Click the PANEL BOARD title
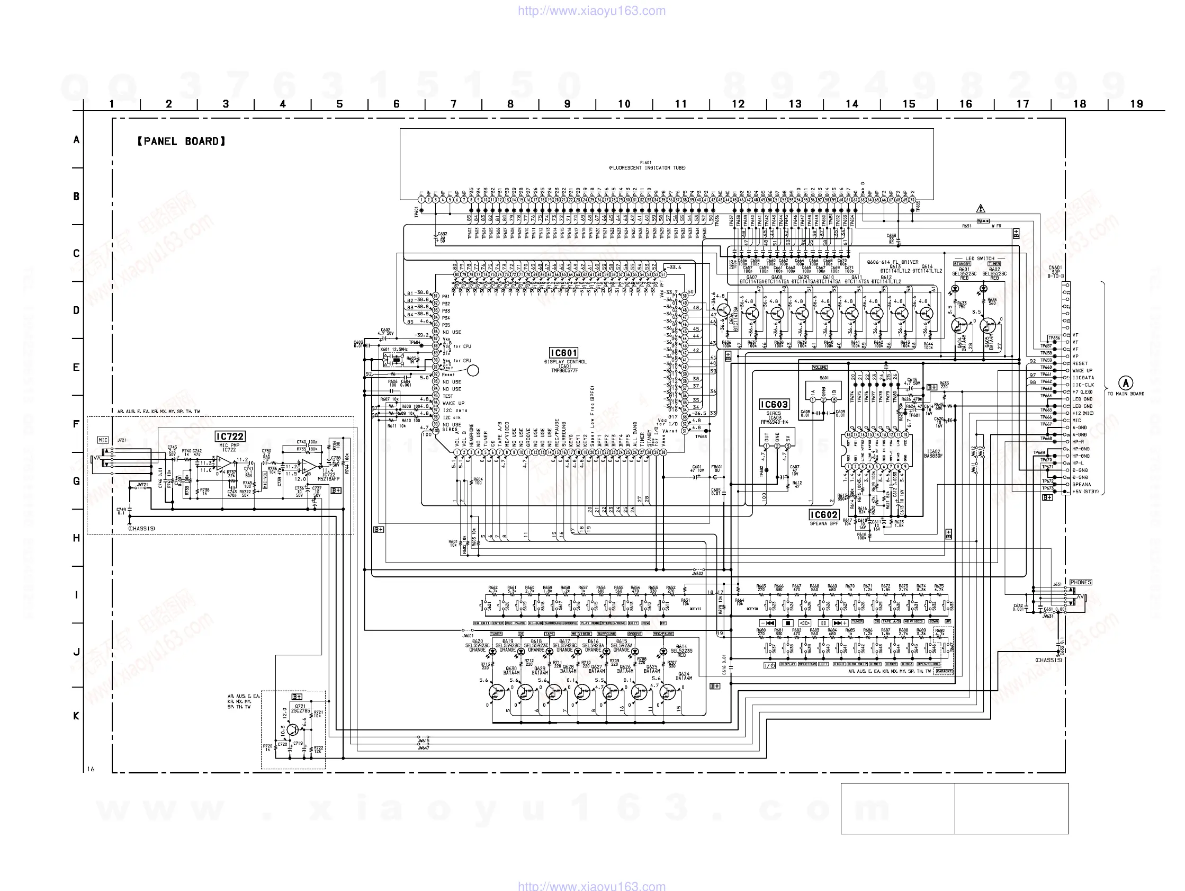pyautogui.click(x=181, y=141)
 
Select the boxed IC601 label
pyautogui.click(x=563, y=352)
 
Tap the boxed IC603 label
pyautogui.click(x=774, y=404)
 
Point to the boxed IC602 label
pyautogui.click(x=823, y=515)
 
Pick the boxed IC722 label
pyautogui.click(x=230, y=436)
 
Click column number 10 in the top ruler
pyautogui.click(x=624, y=104)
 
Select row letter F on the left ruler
pyautogui.click(x=76, y=424)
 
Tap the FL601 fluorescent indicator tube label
pyautogui.click(x=647, y=165)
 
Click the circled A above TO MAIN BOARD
pyautogui.click(x=1126, y=383)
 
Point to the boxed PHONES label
pyautogui.click(x=1080, y=582)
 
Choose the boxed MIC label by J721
pyautogui.click(x=103, y=440)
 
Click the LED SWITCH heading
pyautogui.click(x=980, y=259)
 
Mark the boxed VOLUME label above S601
pyautogui.click(x=820, y=367)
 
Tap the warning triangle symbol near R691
pyautogui.click(x=981, y=209)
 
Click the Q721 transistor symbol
pyautogui.click(x=292, y=729)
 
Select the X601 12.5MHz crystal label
pyautogui.click(x=394, y=350)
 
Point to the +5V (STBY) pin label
pyautogui.click(x=1085, y=492)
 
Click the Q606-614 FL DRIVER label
pyautogui.click(x=893, y=262)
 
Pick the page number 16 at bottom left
pyautogui.click(x=91, y=769)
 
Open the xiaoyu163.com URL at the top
pyautogui.click(x=591, y=11)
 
